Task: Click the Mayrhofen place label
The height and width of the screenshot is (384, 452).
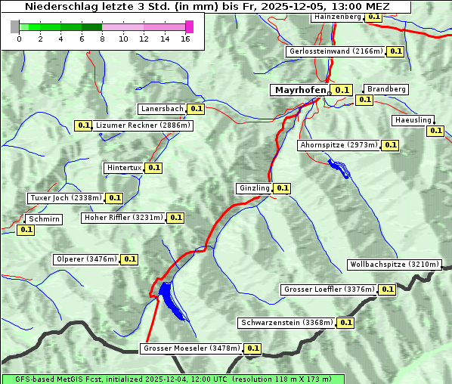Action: pos(300,90)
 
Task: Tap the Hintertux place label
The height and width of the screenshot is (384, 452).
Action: pos(124,168)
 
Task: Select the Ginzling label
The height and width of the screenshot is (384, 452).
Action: pos(254,188)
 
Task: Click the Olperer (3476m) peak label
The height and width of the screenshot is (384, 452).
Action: pos(87,259)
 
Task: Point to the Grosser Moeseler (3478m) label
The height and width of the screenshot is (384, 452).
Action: pos(191,348)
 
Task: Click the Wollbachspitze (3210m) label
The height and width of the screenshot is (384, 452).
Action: pos(394,265)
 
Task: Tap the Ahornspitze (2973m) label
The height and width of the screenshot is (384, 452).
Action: pos(338,145)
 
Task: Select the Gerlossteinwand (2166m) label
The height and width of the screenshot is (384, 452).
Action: pos(335,51)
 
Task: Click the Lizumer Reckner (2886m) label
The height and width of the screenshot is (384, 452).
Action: pos(143,125)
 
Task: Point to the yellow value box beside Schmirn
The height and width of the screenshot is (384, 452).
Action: pos(26,230)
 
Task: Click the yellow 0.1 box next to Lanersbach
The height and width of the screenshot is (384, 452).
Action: pos(197,109)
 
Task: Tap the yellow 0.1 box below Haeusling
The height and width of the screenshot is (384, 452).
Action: pos(435,131)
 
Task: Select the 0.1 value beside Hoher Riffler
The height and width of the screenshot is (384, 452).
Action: pos(175,218)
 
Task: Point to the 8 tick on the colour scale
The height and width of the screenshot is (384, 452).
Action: pos(102,39)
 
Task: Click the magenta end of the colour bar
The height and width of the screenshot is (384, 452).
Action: pos(189,26)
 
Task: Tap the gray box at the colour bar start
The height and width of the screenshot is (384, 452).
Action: pos(15,26)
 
